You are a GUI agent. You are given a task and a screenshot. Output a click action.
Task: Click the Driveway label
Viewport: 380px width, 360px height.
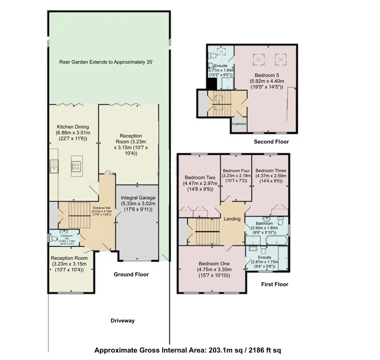click(122, 321)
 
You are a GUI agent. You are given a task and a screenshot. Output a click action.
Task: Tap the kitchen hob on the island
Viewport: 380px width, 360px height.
click(76, 166)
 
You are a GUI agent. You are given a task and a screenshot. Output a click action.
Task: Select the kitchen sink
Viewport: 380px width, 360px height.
click(54, 166)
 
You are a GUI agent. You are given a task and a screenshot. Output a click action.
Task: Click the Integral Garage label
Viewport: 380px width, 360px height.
click(138, 198)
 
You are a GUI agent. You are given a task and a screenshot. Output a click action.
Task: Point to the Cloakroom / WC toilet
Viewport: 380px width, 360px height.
click(53, 238)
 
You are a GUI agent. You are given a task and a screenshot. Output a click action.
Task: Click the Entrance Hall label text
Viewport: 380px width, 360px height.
click(102, 208)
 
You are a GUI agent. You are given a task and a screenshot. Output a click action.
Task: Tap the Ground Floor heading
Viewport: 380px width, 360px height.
click(131, 274)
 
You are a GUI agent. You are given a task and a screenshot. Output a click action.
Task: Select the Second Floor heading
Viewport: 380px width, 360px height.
click(271, 142)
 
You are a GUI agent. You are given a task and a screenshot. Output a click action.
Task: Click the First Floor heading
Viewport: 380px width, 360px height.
click(274, 284)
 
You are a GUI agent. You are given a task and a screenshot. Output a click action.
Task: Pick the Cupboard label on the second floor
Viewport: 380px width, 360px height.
click(239, 124)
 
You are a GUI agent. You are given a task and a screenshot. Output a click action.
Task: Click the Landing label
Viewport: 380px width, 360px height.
click(232, 219)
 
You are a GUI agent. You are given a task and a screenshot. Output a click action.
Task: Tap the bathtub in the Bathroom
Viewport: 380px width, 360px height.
click(276, 240)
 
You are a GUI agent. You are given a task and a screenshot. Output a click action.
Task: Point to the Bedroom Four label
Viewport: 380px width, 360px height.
click(236, 171)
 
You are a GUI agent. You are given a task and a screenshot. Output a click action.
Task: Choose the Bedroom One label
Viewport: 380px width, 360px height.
click(214, 264)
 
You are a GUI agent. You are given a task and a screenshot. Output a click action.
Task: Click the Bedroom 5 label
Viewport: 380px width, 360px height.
click(265, 75)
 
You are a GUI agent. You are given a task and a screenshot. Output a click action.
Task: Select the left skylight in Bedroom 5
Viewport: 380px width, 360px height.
click(258, 59)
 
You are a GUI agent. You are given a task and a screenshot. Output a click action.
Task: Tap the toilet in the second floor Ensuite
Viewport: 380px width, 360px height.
click(212, 56)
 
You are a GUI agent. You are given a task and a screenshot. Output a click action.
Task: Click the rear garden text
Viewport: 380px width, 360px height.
click(106, 62)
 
